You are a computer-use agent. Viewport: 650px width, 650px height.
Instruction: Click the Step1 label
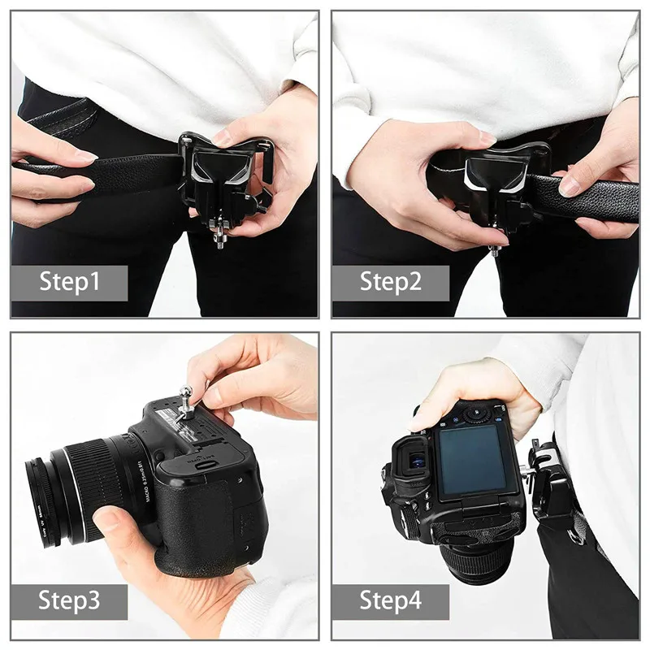pos(69,282)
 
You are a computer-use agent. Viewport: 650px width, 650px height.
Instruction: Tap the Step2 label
pos(391,282)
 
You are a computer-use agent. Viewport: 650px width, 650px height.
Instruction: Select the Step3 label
pos(69,601)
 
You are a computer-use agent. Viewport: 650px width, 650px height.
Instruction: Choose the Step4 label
pos(391,601)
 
